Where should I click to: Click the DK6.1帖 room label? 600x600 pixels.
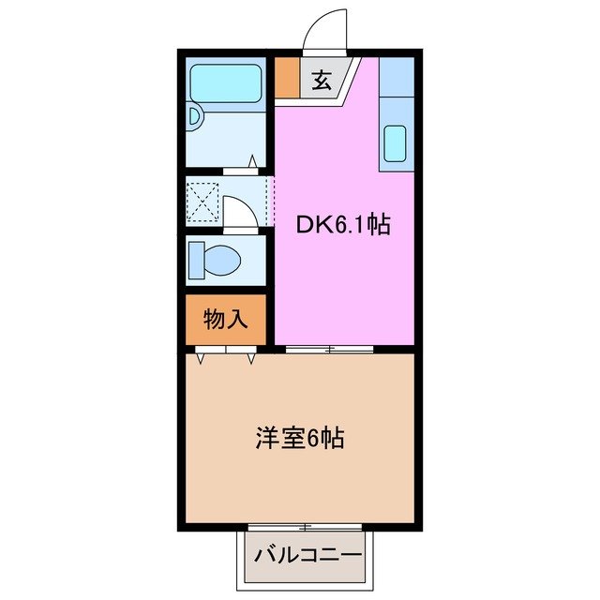click(x=344, y=225)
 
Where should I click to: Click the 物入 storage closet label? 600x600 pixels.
click(x=226, y=320)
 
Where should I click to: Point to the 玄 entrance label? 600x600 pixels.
click(x=321, y=81)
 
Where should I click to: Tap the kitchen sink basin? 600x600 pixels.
click(x=396, y=143)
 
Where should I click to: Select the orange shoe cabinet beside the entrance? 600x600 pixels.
click(x=286, y=79)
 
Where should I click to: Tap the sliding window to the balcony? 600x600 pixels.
click(x=305, y=526)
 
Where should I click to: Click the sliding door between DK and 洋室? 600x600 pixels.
click(x=328, y=350)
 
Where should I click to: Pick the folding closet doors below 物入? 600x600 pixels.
click(x=227, y=354)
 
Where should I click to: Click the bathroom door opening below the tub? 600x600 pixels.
click(x=243, y=170)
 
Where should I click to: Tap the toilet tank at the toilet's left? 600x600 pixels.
click(x=194, y=259)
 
